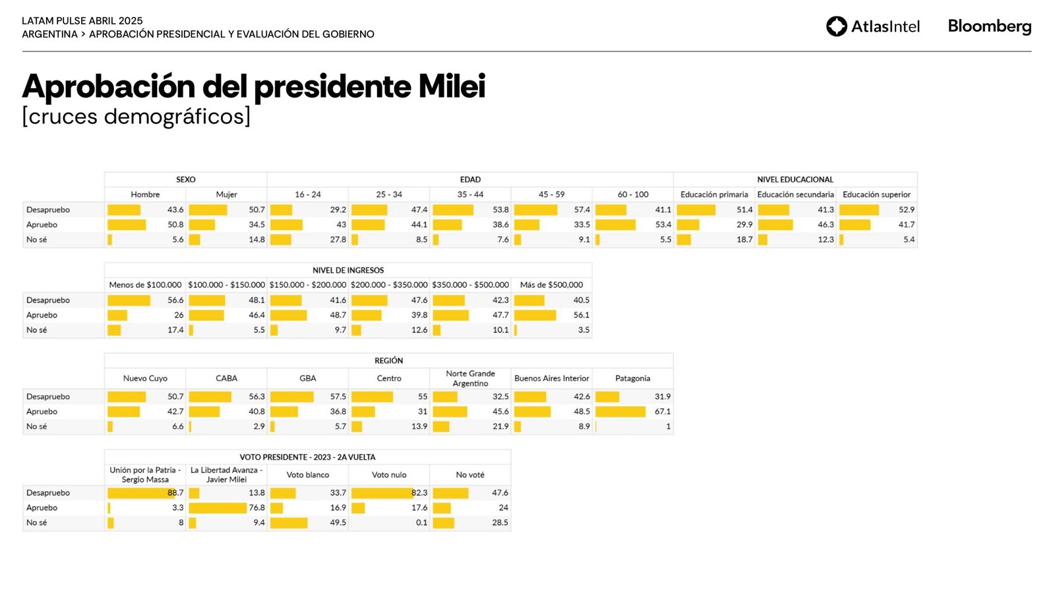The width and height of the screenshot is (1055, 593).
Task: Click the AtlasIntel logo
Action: tap(872, 26)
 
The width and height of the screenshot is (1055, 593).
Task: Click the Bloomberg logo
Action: tap(989, 26)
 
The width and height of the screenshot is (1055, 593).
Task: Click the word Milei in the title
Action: tap(452, 86)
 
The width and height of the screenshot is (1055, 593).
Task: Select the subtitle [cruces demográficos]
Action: tap(136, 117)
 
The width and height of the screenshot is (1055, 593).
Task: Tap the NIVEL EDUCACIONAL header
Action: tap(795, 179)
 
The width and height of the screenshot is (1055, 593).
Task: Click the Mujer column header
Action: tap(226, 194)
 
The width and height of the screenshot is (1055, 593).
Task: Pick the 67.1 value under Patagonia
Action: tap(662, 411)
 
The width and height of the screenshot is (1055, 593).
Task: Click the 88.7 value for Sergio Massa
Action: tap(175, 493)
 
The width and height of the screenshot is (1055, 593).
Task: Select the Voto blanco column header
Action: tap(307, 474)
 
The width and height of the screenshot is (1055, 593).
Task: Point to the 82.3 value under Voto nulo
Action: tap(419, 493)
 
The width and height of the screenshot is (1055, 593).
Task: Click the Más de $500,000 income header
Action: tap(551, 285)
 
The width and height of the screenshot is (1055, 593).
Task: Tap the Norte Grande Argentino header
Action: tap(470, 378)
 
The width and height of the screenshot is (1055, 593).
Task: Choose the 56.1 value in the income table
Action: tap(581, 315)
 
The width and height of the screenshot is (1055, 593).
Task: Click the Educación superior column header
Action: tap(876, 194)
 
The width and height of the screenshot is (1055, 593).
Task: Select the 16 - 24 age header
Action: tap(307, 194)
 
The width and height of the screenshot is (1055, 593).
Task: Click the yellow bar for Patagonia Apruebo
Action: tap(620, 411)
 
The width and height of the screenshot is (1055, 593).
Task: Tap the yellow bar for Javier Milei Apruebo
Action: tap(217, 508)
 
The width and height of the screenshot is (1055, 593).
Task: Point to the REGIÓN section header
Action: tap(388, 360)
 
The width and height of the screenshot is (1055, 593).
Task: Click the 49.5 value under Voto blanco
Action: tap(338, 522)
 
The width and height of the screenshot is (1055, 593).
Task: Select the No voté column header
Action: tap(470, 474)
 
